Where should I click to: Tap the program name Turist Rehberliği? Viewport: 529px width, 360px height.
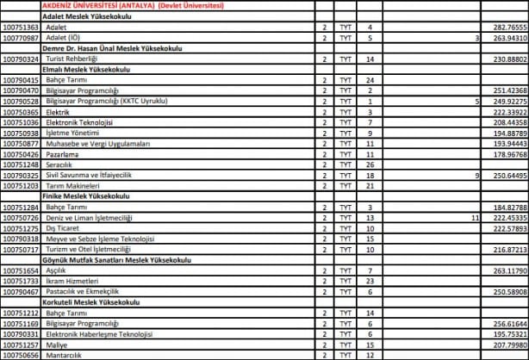[75, 59]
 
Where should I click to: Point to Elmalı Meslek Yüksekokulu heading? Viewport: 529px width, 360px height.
[86, 69]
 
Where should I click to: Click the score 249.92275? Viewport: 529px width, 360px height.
[508, 101]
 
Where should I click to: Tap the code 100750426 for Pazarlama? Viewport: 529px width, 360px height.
[21, 153]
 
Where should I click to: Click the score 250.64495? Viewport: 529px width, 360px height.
[508, 174]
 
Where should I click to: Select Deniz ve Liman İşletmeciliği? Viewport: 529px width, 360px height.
[89, 217]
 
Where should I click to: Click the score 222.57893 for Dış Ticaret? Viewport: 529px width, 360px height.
[508, 227]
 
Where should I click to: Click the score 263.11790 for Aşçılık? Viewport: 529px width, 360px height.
[508, 270]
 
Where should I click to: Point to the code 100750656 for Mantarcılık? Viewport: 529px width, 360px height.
[21, 354]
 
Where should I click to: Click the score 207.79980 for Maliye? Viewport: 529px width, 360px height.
[508, 344]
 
